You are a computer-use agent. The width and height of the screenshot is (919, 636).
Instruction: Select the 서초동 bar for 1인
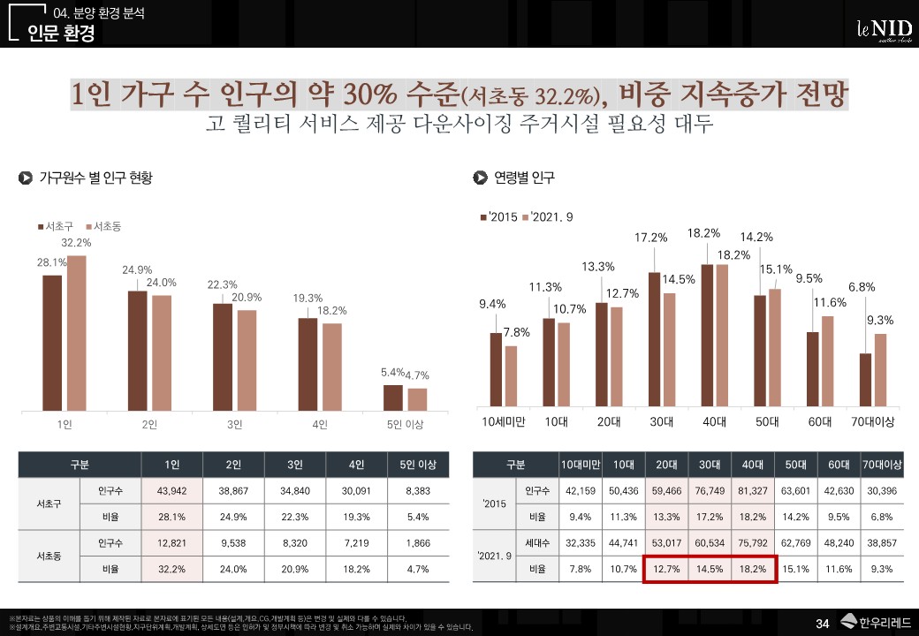[x=77, y=332]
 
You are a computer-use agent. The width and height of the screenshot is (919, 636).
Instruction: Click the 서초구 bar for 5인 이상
[x=393, y=397]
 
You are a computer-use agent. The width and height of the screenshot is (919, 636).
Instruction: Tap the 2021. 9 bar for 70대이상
[x=880, y=371]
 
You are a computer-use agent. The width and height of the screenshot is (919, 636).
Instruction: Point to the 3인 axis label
[x=234, y=425]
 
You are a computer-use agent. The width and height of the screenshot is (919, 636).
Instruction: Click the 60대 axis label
[x=820, y=422]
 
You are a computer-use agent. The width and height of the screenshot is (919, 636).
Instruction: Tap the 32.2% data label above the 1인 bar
[x=76, y=242]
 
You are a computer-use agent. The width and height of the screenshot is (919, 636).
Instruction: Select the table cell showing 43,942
[x=171, y=490]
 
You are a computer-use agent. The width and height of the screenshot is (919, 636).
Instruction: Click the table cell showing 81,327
[x=753, y=491]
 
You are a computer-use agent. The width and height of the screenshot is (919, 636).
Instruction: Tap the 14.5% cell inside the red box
[x=709, y=570]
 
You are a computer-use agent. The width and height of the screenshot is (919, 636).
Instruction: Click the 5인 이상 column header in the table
[x=418, y=465]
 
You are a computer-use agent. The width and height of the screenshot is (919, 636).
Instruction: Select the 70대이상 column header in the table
[x=882, y=465]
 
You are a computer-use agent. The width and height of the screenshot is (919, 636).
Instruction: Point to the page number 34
[x=822, y=625]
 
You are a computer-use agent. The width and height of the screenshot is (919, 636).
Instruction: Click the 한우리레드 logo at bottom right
[x=875, y=623]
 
